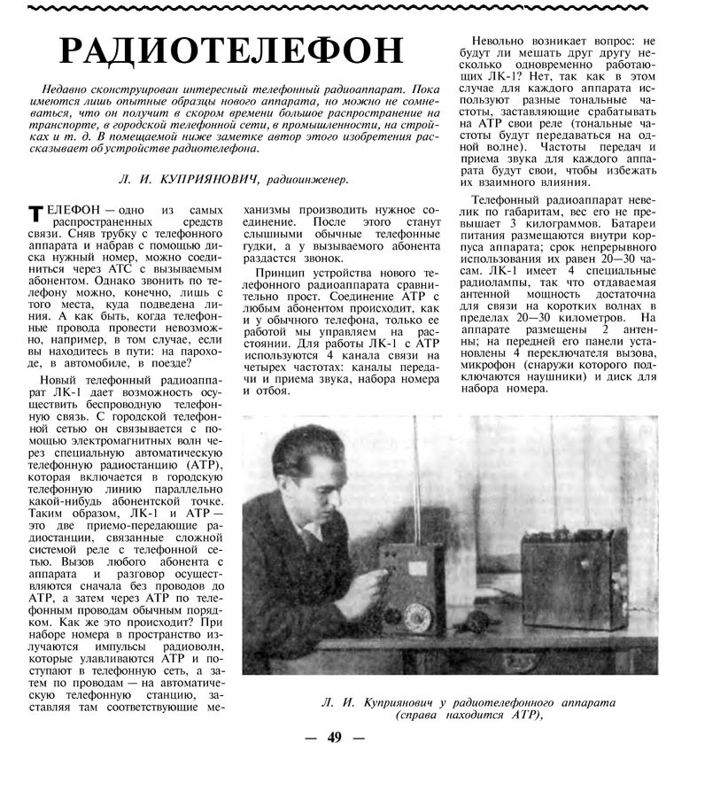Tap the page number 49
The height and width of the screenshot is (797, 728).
click(x=334, y=738)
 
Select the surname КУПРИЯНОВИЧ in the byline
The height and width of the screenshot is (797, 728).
click(x=211, y=179)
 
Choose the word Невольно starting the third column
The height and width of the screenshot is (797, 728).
click(x=501, y=42)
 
